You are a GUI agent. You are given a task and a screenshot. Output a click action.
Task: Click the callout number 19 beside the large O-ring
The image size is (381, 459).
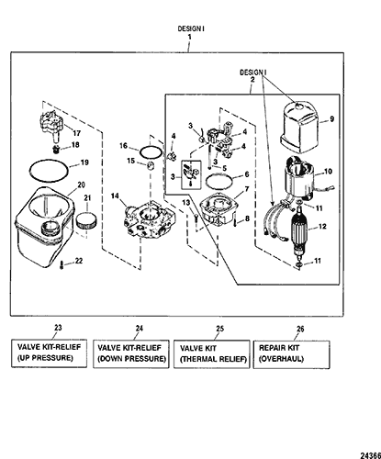[84, 162]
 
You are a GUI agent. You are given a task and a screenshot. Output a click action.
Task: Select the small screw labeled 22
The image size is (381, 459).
[62, 264]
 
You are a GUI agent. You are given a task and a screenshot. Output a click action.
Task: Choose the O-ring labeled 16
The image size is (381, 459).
[151, 151]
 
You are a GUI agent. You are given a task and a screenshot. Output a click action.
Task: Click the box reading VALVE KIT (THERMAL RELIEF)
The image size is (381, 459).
[212, 354]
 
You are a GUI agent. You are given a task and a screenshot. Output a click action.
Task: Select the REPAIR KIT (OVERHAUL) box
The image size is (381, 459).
[292, 354]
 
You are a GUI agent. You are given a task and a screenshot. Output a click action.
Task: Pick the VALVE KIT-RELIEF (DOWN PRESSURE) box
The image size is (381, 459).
[131, 353]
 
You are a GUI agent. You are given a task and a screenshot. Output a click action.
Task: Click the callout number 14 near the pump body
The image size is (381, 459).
[115, 196]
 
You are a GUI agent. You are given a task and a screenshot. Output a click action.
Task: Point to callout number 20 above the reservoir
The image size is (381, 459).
[81, 185]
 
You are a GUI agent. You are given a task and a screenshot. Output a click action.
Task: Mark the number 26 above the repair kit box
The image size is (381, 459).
[300, 329]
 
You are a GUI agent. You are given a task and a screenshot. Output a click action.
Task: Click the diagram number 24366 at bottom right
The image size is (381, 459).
[370, 455]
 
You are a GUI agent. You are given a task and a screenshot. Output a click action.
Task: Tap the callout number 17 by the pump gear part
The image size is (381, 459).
[76, 133]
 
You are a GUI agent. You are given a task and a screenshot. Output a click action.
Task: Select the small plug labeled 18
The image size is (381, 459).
[56, 150]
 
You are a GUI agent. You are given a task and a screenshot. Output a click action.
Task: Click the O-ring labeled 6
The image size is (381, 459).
[219, 183]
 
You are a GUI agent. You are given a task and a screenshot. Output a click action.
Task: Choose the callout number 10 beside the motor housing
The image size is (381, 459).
[328, 171]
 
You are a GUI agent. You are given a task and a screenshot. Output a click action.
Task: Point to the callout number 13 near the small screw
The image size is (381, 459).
[186, 203]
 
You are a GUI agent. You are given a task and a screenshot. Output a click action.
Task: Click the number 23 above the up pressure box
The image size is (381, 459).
[58, 328]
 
